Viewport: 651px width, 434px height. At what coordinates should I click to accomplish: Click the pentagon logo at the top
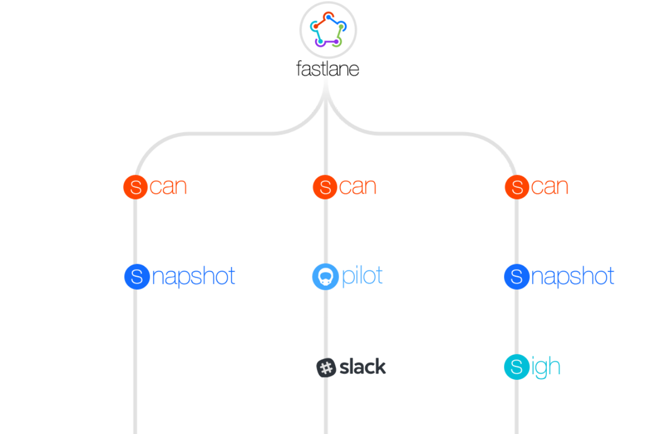coord(328,30)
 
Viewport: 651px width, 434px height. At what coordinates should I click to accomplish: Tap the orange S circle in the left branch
coord(136,187)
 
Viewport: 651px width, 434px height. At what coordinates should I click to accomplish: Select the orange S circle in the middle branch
coord(325,187)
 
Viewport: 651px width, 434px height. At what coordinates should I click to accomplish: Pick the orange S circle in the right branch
coord(518,187)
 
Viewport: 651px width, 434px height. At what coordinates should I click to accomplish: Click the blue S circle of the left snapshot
coord(137,277)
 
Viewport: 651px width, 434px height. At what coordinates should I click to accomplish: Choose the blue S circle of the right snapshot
coord(517,277)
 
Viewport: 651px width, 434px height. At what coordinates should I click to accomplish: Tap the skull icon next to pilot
coord(325,277)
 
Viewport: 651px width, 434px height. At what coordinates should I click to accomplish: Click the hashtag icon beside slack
coord(325,368)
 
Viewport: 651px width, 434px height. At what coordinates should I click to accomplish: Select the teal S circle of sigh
coord(517,367)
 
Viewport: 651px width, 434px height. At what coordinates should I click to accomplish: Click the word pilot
coord(362,276)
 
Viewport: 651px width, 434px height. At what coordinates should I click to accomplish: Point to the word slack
coord(363,367)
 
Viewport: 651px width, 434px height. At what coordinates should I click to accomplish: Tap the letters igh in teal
coord(546,367)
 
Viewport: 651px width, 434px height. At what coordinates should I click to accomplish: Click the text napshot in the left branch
coord(194,277)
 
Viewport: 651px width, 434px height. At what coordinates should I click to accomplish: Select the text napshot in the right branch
coord(573,277)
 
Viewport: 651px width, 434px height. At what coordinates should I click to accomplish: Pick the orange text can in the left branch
coord(168,187)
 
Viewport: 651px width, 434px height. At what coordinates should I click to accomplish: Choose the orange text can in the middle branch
coord(358,187)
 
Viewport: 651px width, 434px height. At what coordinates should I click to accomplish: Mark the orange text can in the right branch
coord(550,187)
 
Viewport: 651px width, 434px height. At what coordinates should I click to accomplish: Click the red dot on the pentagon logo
coord(328,17)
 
